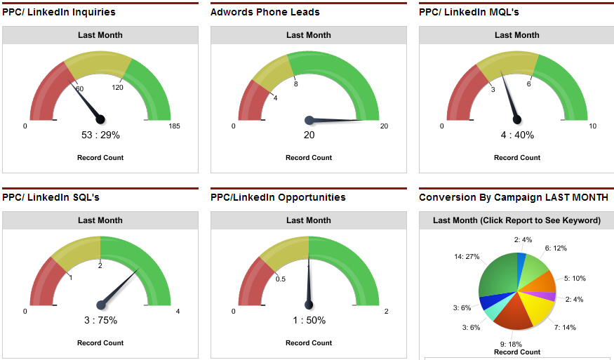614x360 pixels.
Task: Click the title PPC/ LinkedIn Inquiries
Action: (59, 12)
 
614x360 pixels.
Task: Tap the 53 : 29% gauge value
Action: (100, 135)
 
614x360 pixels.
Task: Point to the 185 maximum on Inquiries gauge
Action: (175, 126)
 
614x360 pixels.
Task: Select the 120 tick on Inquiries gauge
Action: (117, 87)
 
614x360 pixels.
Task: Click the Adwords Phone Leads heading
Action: (265, 12)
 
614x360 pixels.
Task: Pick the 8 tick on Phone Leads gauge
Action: (296, 84)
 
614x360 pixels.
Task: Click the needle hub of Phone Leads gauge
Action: (309, 120)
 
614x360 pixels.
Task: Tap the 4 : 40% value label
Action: (517, 135)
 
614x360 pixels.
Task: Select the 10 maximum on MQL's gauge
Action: (593, 126)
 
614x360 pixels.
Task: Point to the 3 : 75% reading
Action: (100, 321)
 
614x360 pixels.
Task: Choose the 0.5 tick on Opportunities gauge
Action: (281, 279)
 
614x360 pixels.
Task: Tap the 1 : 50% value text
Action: (309, 321)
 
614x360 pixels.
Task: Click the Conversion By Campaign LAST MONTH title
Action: (514, 197)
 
